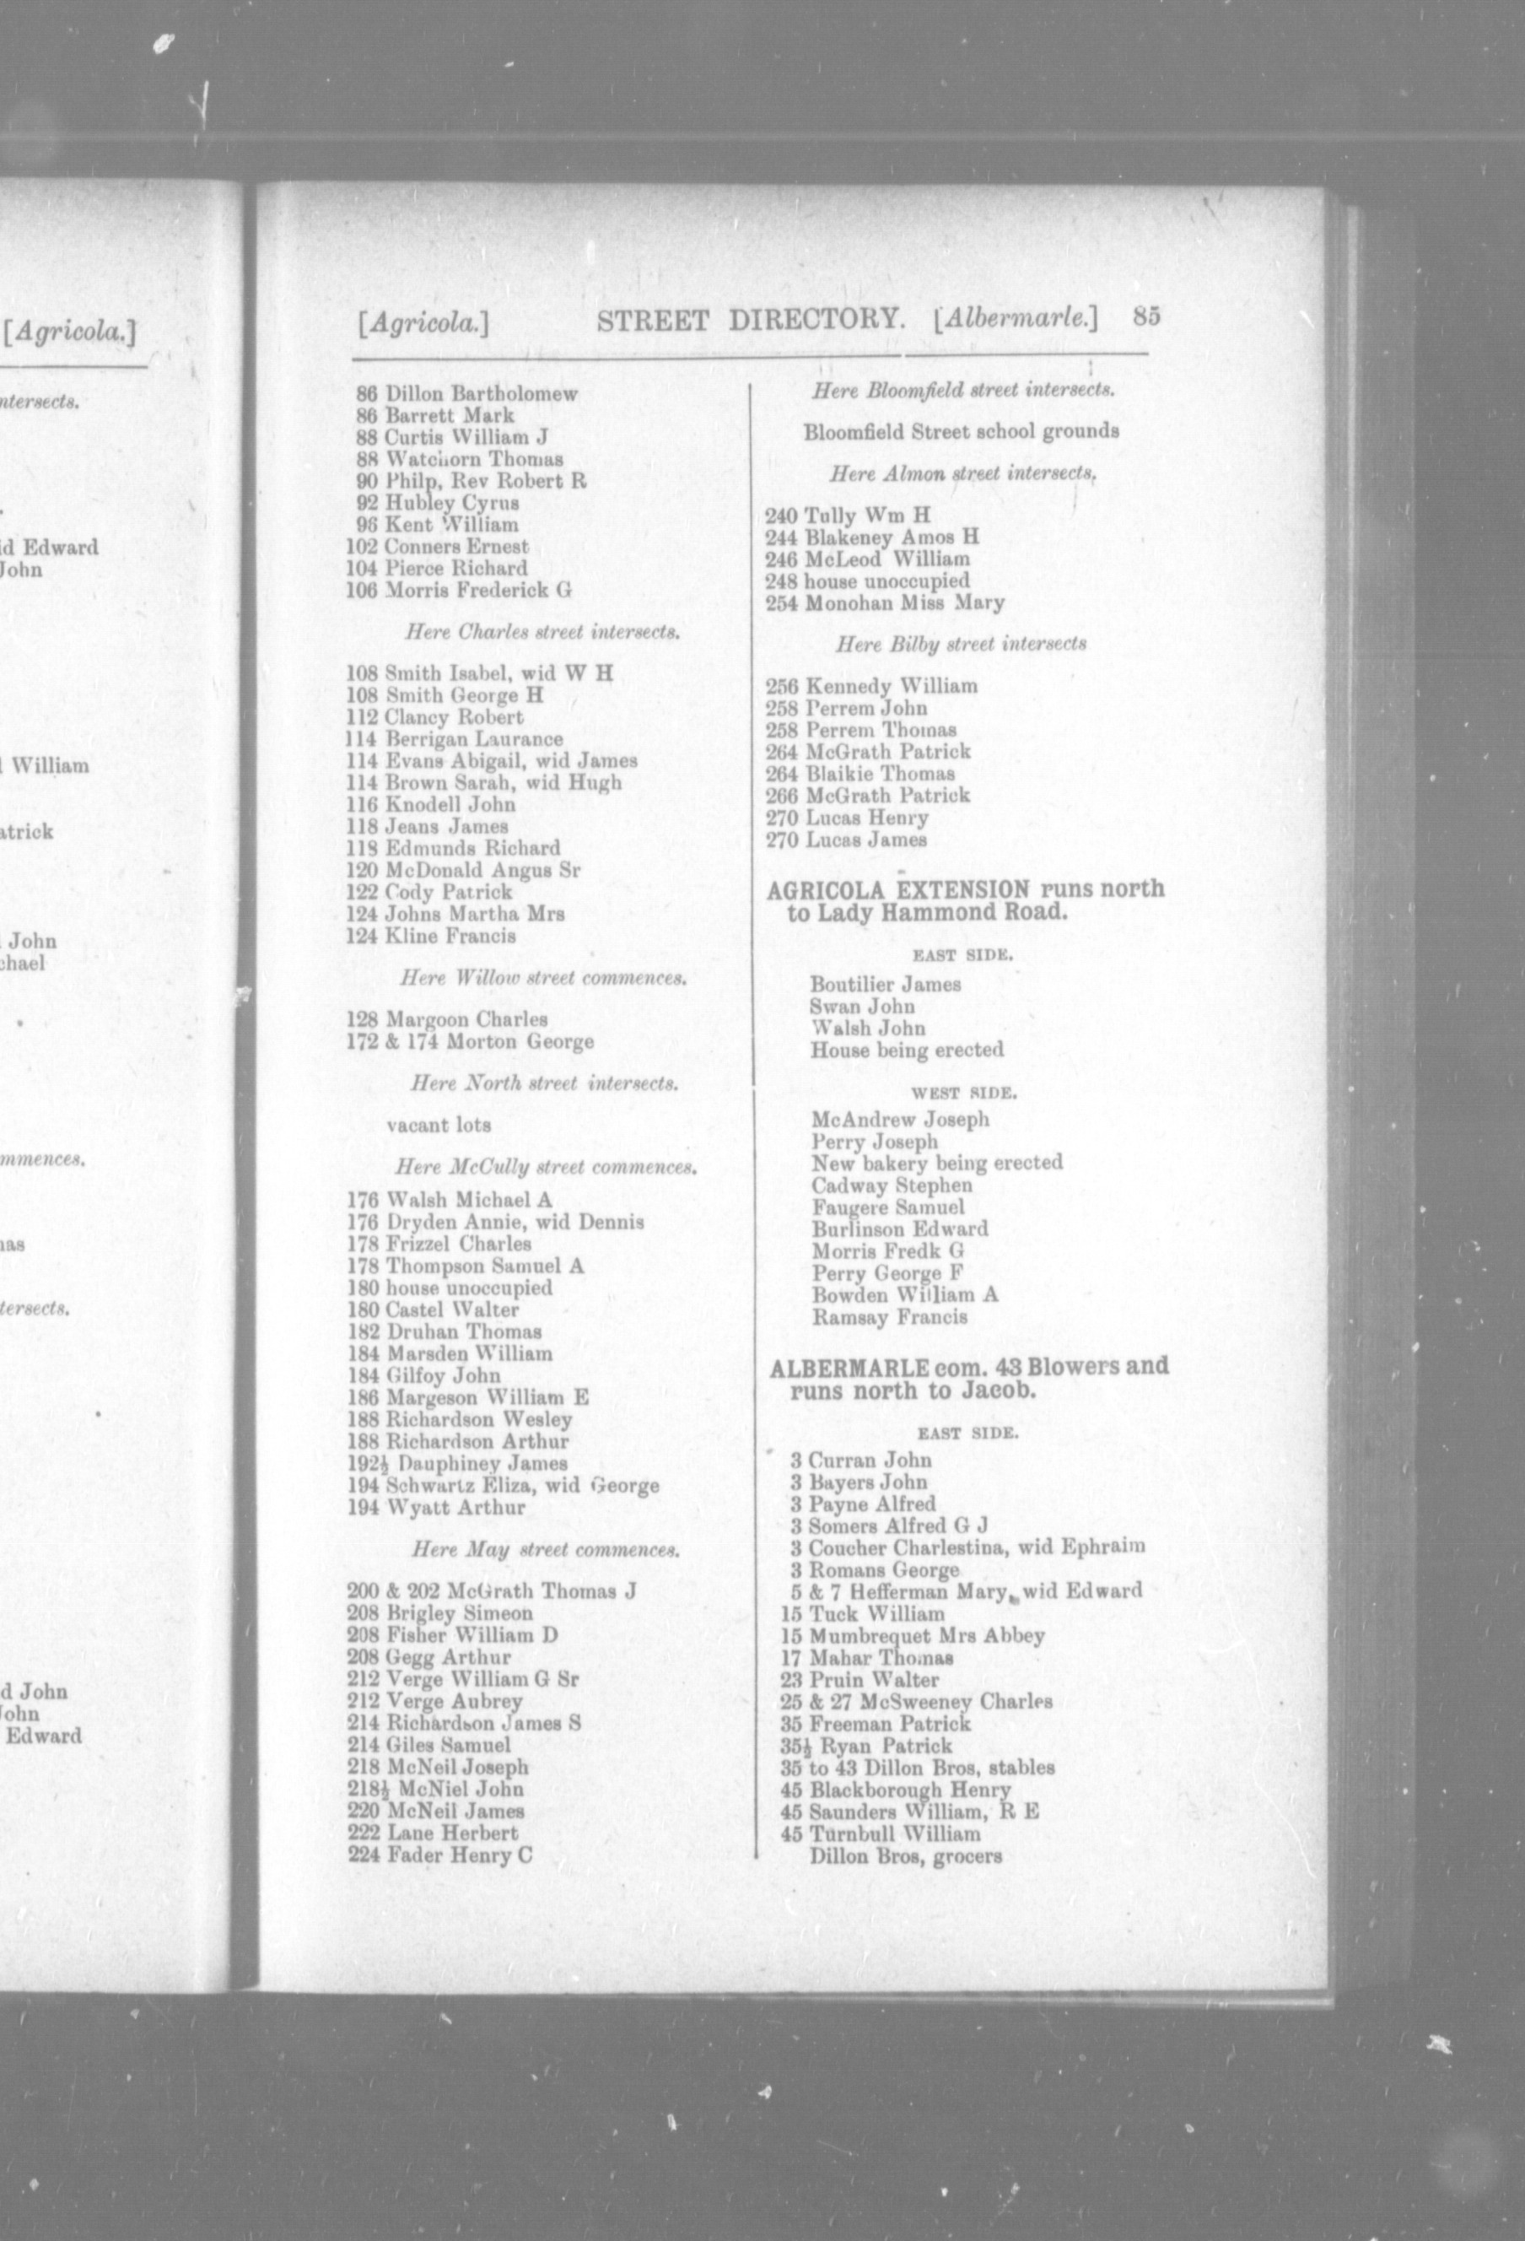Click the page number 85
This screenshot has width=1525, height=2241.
tap(1146, 317)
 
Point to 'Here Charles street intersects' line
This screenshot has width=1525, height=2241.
tap(542, 633)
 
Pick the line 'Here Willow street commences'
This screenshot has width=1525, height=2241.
tap(542, 978)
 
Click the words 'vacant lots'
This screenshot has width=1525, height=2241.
tap(439, 1125)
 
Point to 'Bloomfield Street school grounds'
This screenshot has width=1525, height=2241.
tap(961, 431)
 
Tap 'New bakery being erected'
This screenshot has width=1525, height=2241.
tap(937, 1163)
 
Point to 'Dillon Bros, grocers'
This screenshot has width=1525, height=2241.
tap(906, 1855)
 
